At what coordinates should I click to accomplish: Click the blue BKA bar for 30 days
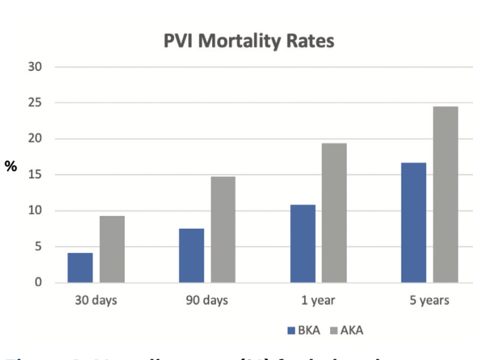[x=80, y=267]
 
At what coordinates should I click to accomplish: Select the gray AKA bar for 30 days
[x=112, y=249]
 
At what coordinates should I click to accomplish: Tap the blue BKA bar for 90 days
[x=192, y=255]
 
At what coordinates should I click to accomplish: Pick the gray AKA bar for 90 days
[x=223, y=229]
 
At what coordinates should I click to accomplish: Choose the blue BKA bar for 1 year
[x=303, y=243]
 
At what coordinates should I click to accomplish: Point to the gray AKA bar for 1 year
[x=334, y=213]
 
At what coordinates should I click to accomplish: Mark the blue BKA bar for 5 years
[x=413, y=222]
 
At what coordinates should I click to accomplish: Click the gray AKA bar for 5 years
[x=445, y=195]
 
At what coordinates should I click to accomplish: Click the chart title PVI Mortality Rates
[x=248, y=42]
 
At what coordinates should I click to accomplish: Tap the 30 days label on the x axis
[x=96, y=300]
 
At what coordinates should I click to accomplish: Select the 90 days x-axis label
[x=207, y=300]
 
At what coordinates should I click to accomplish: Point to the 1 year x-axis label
[x=318, y=300]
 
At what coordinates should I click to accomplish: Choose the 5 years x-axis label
[x=429, y=300]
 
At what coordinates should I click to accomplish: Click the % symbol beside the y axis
[x=11, y=166]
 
